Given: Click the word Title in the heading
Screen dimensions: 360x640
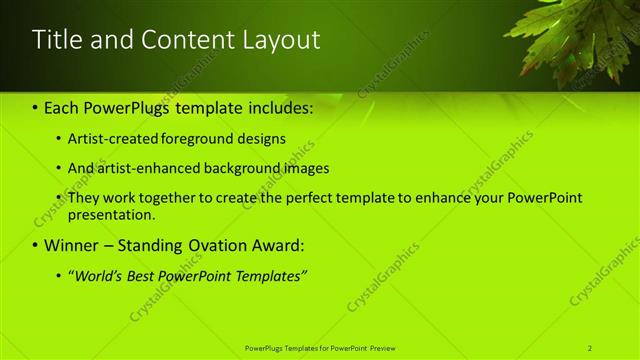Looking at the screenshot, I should tap(55, 40).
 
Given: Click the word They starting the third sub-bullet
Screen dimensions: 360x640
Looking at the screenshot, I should tap(84, 198).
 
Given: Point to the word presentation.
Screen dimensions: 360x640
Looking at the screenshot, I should tap(112, 214).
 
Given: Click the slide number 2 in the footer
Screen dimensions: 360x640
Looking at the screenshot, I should tap(590, 347).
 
